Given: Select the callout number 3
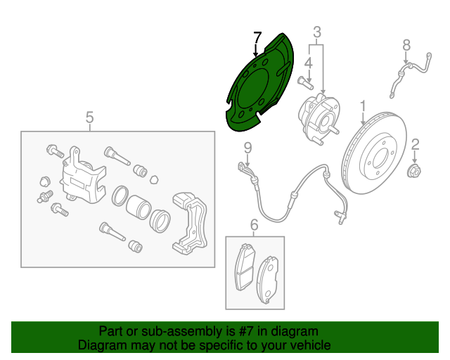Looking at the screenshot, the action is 317,32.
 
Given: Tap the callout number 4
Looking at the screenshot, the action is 308,63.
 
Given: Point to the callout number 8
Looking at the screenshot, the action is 406,46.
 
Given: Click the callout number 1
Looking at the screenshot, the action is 363,106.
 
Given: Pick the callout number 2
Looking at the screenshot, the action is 415,145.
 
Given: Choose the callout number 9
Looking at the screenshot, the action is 247,148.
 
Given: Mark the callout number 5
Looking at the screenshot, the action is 89,117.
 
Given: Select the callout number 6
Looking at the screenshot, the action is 255,225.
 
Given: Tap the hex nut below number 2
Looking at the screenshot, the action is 414,171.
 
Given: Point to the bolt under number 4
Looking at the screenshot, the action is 305,82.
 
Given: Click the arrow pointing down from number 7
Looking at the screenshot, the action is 255,49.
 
